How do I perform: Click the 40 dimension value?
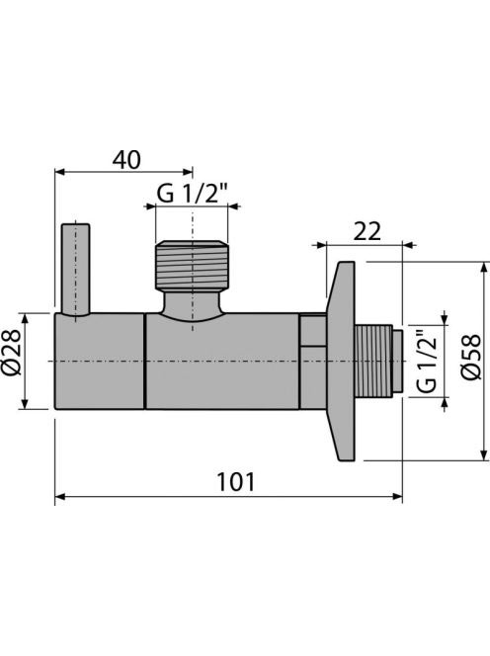tap(126, 160)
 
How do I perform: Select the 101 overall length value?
tap(235, 482)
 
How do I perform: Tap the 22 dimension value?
tap(367, 231)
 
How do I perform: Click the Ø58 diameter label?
tap(472, 357)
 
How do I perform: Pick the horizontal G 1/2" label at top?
tap(192, 194)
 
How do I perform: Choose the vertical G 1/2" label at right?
tap(427, 361)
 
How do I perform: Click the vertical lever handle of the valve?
tap(75, 270)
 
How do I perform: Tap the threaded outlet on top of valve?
tap(192, 266)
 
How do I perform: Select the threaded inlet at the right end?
tap(378, 361)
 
